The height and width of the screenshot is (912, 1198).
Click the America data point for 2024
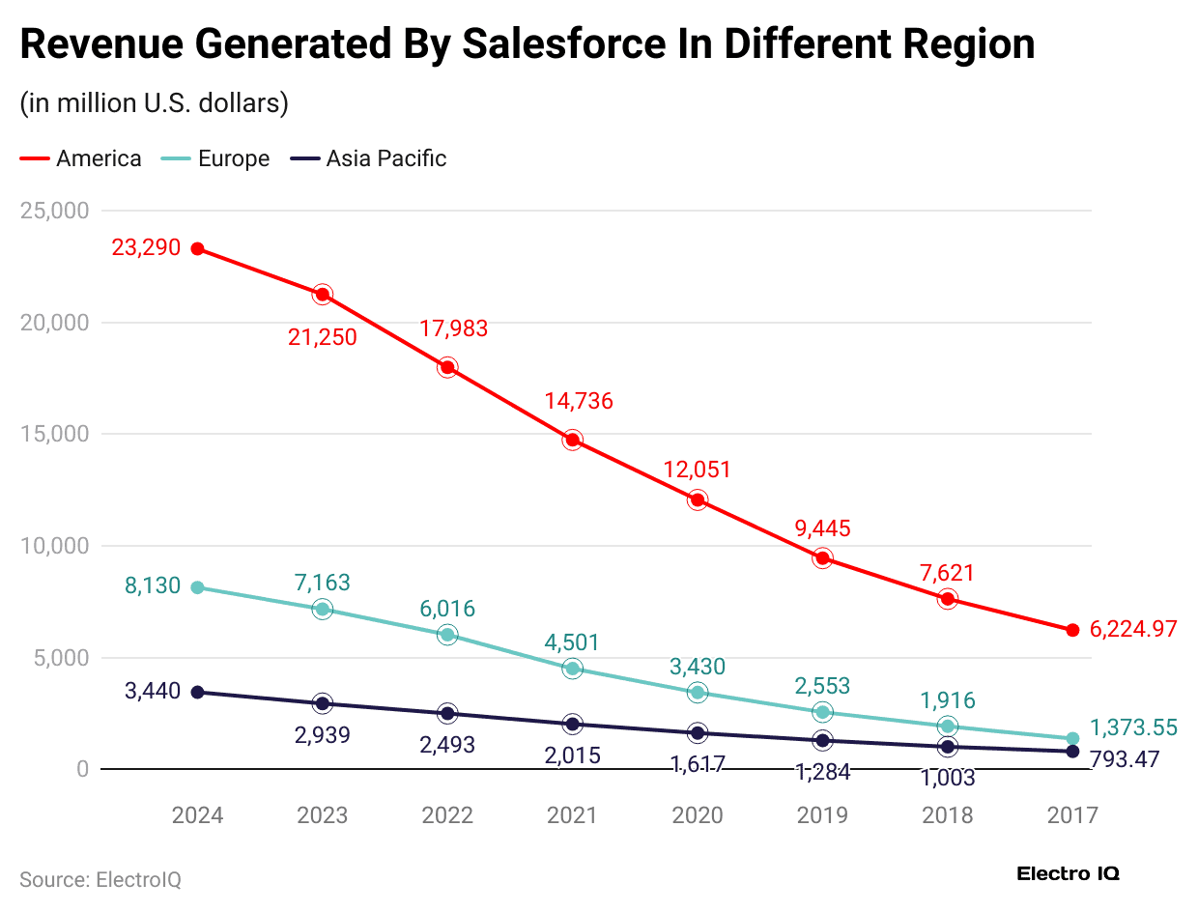coord(197,248)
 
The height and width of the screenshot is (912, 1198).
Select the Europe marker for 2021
coord(572,669)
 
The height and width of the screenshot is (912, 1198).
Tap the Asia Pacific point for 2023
coord(323,703)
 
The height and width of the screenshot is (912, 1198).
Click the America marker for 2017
coord(1072,630)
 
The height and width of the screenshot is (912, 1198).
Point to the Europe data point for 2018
coord(948,727)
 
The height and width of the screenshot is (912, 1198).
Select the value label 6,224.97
coord(1133,629)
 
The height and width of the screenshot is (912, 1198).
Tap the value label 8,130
coord(153,585)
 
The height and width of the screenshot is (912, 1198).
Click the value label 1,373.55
coord(1133,728)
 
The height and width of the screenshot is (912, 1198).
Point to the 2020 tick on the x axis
coord(698,815)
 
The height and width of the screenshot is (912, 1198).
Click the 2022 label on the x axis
coord(447,815)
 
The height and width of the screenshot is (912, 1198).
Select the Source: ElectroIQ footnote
coord(100,880)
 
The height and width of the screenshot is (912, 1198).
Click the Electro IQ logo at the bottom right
coord(1068,873)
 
